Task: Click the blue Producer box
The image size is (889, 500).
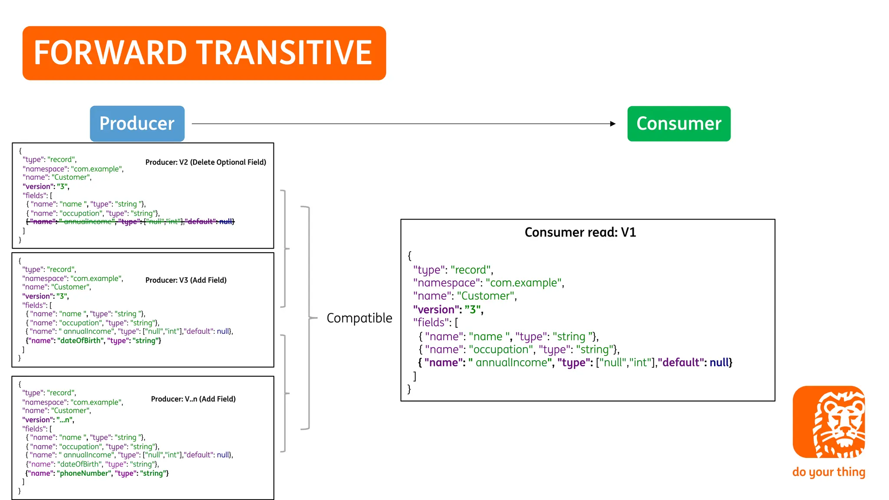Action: tap(137, 124)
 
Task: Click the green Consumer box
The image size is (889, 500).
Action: tap(678, 124)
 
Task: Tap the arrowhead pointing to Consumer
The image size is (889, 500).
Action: tap(612, 124)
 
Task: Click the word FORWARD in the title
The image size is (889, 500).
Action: tap(110, 53)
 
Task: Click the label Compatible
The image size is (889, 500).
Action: tap(359, 318)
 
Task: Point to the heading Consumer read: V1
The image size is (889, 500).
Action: tap(580, 233)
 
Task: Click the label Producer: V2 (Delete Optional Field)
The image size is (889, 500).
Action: tap(206, 162)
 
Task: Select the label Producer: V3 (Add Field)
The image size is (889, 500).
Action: tap(186, 280)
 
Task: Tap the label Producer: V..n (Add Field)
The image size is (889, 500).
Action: tap(193, 399)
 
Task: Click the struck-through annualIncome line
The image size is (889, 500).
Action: tap(130, 222)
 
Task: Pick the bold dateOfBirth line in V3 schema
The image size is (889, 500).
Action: tap(93, 341)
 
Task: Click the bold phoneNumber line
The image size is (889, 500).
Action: tap(97, 474)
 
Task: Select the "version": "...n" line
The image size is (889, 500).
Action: tap(48, 420)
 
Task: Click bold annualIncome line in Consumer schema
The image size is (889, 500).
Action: tap(575, 363)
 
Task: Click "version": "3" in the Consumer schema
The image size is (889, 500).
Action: tap(448, 310)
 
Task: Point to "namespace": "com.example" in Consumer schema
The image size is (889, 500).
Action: tap(488, 283)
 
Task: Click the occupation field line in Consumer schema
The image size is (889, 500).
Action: tap(519, 350)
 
